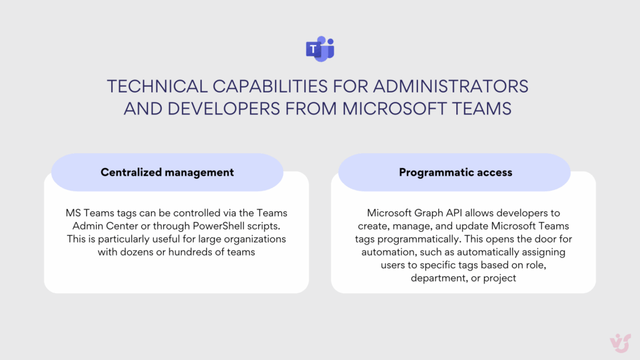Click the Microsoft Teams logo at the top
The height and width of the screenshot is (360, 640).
tap(320, 49)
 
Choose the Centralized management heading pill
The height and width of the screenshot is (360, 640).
tap(167, 172)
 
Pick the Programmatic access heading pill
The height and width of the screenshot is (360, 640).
tap(455, 172)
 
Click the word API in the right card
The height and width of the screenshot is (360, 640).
tap(457, 213)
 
